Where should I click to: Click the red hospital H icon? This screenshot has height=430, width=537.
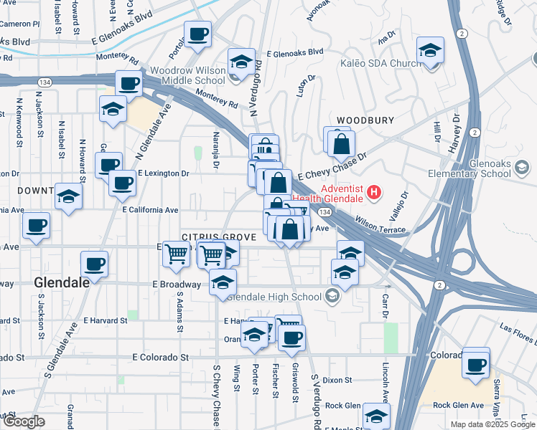(x=373, y=192)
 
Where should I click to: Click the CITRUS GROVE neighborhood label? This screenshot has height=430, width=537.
(x=209, y=236)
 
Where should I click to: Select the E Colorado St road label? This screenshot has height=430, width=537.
(x=161, y=356)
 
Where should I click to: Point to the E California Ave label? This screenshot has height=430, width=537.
(x=150, y=210)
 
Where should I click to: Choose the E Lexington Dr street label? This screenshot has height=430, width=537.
(x=163, y=173)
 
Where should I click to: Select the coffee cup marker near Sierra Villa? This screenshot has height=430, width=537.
(x=476, y=365)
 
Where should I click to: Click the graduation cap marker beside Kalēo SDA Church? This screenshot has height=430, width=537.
(x=430, y=52)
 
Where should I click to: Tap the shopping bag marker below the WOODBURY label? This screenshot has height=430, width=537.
(x=342, y=145)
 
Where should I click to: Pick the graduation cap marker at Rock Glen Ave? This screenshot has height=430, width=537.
(x=376, y=416)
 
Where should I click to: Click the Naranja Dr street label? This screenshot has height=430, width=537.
(x=215, y=155)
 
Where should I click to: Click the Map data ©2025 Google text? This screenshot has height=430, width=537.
(x=493, y=424)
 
